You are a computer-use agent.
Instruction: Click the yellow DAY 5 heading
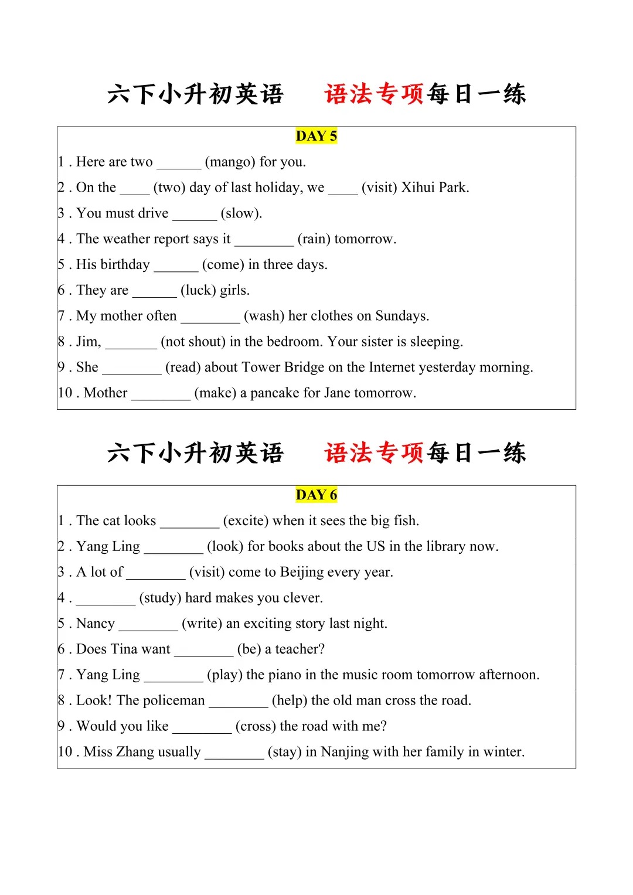point(316,136)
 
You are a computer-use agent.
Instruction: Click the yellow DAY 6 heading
point(316,495)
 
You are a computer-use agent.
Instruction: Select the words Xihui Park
point(435,188)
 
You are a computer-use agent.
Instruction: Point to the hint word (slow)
point(241,213)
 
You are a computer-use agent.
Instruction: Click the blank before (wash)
point(210,317)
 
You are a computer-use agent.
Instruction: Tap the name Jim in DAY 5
point(88,342)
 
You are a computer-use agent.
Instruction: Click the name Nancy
point(96,624)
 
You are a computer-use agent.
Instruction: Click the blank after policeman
point(238,701)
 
